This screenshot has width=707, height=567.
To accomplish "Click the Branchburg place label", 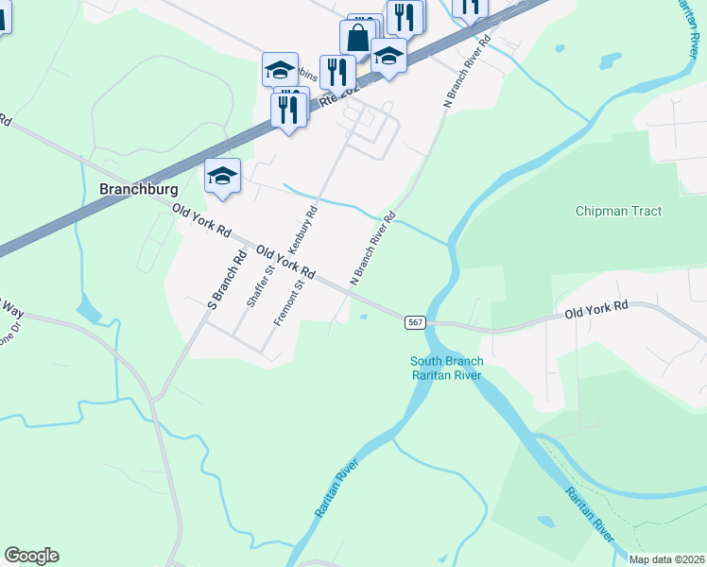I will (139, 189).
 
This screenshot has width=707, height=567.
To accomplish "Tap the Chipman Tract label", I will (618, 212).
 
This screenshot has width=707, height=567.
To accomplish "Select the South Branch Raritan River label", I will (446, 369).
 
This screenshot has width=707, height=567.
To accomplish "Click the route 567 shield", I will (415, 322).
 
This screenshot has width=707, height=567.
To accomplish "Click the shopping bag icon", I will (358, 39).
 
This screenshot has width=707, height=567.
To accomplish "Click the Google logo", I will (31, 556).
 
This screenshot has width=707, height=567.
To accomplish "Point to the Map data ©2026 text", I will (667, 559).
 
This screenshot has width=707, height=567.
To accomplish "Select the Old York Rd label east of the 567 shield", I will (596, 308).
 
